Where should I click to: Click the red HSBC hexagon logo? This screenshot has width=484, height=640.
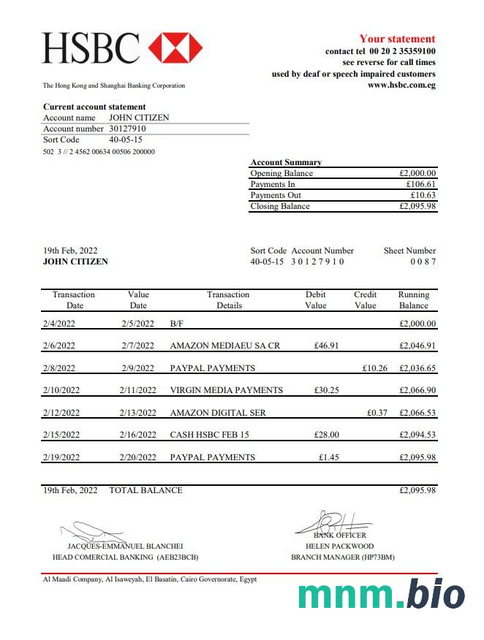tap(175, 48)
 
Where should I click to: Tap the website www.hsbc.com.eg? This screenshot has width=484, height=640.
tap(401, 85)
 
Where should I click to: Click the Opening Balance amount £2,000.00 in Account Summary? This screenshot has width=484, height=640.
tap(417, 174)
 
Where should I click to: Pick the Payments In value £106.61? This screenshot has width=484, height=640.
tap(421, 185)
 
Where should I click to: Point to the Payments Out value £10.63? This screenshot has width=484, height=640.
tap(423, 195)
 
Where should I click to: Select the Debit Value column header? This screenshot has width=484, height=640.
tap(316, 300)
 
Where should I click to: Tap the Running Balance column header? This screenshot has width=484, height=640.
tap(414, 300)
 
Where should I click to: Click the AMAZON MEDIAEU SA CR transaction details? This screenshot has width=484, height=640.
tap(224, 346)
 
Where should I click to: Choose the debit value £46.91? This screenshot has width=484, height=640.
tap(326, 346)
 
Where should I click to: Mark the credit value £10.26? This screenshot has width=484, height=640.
tap(374, 368)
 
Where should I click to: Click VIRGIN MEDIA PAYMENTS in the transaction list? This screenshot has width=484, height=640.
tap(226, 390)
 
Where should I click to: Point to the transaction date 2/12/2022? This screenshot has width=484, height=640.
tap(61, 413)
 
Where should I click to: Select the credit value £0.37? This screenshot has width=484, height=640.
tap(377, 413)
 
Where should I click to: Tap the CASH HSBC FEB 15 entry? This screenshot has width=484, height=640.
tap(209, 435)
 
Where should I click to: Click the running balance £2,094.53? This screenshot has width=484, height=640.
tap(417, 435)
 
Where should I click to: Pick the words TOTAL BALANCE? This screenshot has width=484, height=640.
tap(145, 490)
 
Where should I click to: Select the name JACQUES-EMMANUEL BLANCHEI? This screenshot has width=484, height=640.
tap(125, 546)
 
